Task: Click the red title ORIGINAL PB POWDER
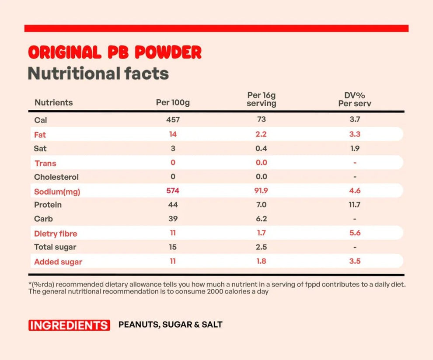click(115, 52)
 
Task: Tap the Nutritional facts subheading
click(98, 73)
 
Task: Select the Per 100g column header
click(173, 102)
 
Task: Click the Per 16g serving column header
click(261, 99)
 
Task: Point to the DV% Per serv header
click(355, 99)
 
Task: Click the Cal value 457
click(173, 119)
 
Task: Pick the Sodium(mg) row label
click(57, 192)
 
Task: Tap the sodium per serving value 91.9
click(261, 191)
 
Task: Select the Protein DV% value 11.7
click(355, 205)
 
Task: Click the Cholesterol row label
click(56, 177)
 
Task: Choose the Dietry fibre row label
click(56, 234)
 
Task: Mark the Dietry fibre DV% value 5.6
click(355, 233)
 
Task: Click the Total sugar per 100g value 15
click(173, 247)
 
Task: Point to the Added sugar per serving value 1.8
click(261, 261)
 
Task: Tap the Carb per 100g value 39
click(173, 219)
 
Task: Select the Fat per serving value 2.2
click(261, 134)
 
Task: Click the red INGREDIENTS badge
click(69, 325)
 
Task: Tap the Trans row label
click(45, 163)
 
